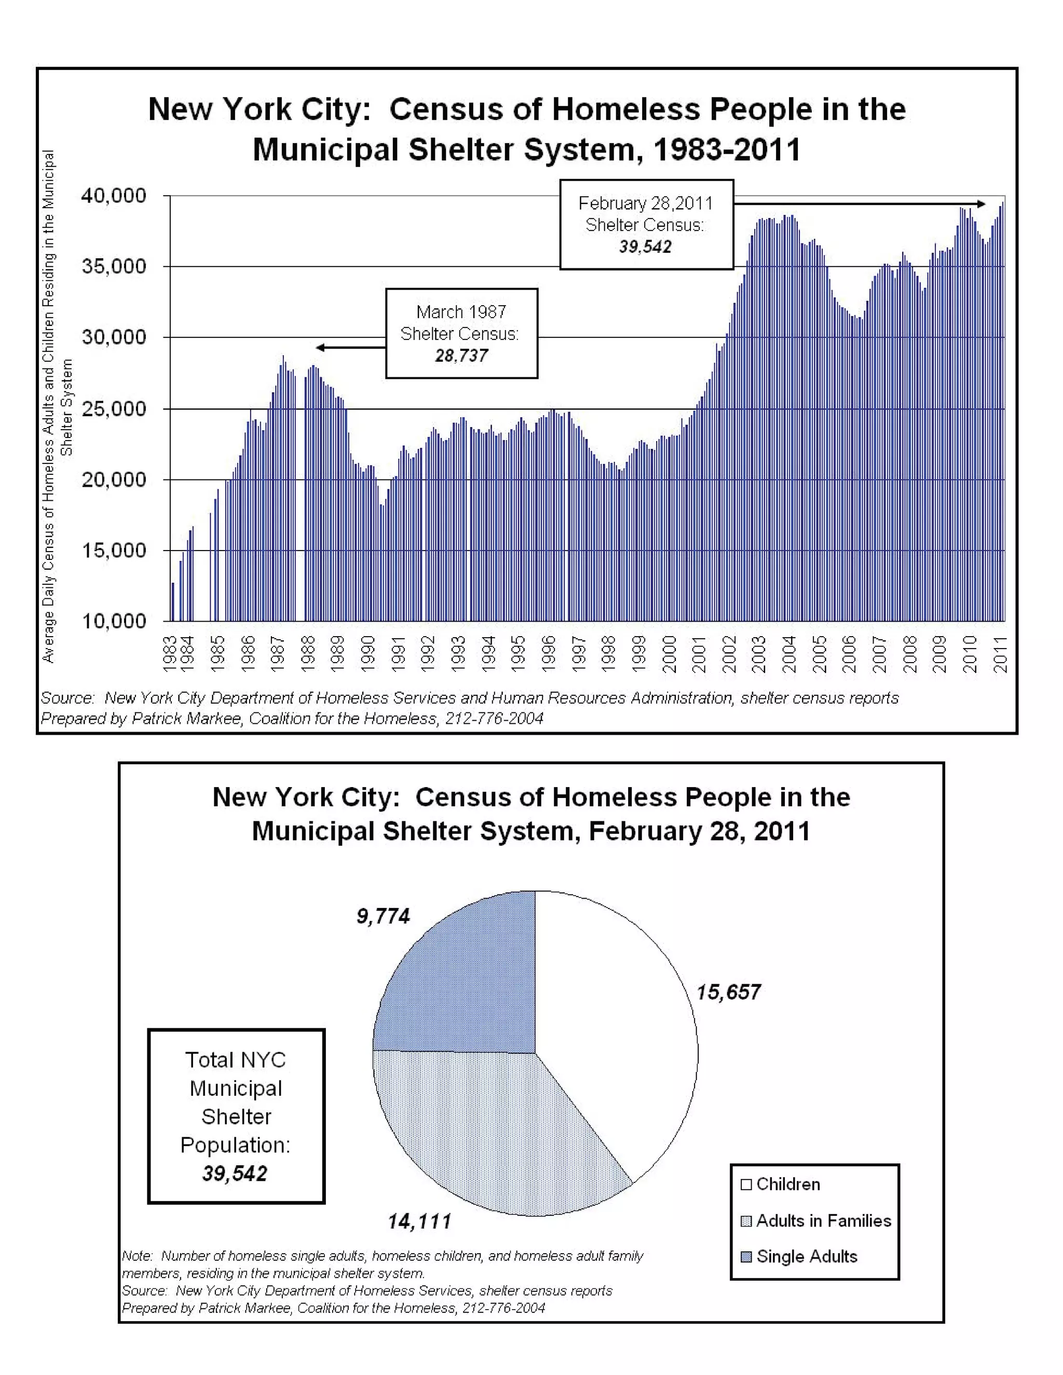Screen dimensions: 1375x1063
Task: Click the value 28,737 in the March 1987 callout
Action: coord(461,356)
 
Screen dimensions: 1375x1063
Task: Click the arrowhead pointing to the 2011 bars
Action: coord(981,204)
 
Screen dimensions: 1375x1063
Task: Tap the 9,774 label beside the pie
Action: coord(383,916)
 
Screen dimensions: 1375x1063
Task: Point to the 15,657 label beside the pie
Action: coord(728,992)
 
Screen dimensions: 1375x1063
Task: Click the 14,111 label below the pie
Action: coord(419,1222)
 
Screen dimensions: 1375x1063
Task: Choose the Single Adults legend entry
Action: coord(806,1257)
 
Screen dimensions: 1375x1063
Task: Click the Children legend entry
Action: coord(787,1184)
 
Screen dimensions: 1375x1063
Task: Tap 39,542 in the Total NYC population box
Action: coord(235,1174)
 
